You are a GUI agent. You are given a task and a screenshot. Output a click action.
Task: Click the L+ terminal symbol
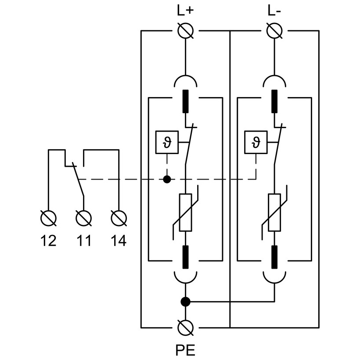coord(186,31)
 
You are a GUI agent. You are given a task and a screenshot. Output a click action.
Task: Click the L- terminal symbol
coord(274,31)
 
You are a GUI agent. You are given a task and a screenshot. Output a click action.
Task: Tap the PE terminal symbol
coord(186,328)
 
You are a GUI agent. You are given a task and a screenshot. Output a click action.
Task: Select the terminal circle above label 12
coord(48,217)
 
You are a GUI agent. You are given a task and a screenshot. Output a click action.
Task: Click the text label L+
coord(185,11)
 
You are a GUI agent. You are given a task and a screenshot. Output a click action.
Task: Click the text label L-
coord(274,11)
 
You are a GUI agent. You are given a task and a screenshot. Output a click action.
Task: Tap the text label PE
coord(185,350)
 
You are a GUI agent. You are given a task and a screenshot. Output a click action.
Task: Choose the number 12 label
coord(48,240)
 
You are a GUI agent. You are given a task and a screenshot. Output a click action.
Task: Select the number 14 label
coord(119,240)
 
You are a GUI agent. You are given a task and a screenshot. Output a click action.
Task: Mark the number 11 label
coord(83,240)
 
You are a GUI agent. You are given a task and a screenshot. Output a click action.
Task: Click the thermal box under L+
coord(167,143)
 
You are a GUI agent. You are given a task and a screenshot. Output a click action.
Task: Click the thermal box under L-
coord(256,143)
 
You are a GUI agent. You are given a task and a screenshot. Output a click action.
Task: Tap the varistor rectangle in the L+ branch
coord(186,212)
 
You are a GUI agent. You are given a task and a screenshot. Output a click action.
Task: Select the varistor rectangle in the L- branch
coord(275,212)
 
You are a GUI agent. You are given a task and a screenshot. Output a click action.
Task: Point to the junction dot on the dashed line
coord(167,179)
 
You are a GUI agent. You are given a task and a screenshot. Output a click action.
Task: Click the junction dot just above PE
coord(186,302)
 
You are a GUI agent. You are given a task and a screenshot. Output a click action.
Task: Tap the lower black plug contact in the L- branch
coord(275,257)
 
